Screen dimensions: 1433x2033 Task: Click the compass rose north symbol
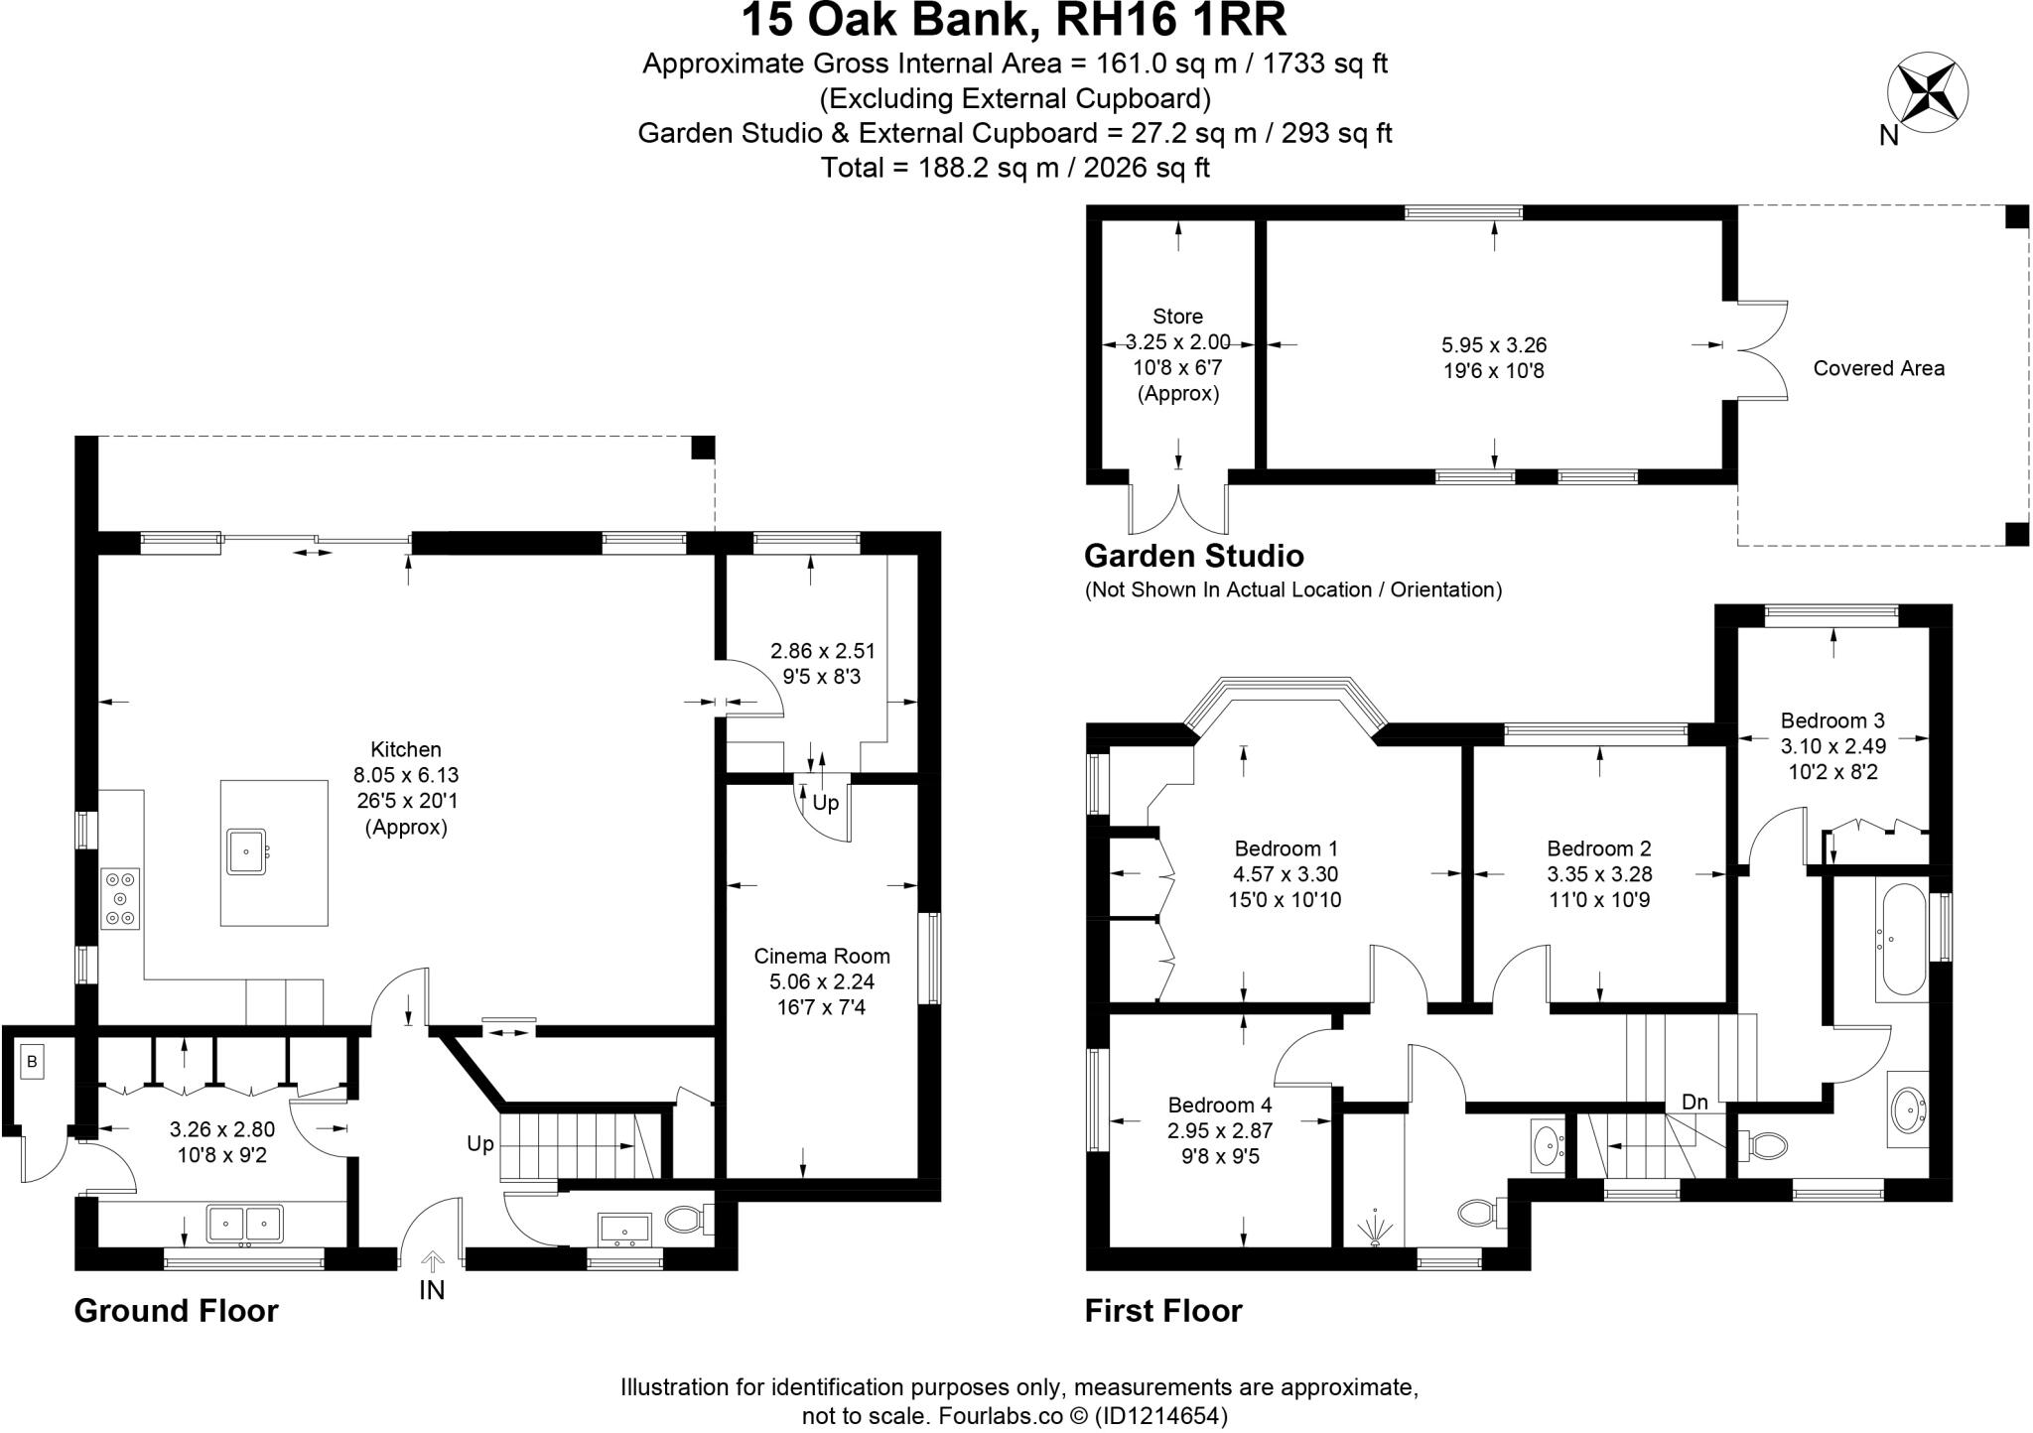click(1926, 97)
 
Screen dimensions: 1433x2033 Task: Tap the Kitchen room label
click(405, 750)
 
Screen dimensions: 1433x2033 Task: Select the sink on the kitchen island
click(245, 851)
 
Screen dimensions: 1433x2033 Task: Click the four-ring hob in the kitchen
click(120, 899)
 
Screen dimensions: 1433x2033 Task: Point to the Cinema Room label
click(822, 957)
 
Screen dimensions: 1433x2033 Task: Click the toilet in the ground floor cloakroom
click(686, 1219)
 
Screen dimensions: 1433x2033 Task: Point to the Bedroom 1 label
click(1286, 848)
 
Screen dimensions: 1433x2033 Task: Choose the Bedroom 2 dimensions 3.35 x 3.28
click(1598, 874)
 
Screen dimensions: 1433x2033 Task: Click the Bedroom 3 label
click(1831, 720)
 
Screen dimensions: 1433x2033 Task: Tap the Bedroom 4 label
click(1220, 1105)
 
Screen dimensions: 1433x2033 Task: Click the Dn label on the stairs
click(1694, 1102)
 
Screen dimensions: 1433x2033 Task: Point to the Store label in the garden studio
click(1177, 317)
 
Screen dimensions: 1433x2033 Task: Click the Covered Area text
click(1878, 368)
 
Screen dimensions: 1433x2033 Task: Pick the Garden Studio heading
click(1193, 555)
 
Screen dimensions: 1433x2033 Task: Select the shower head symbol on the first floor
click(1375, 1227)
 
